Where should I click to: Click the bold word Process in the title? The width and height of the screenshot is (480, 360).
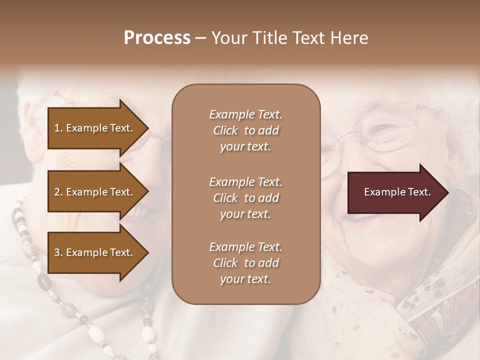point(157,38)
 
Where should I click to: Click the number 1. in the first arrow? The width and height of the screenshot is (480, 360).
point(58,128)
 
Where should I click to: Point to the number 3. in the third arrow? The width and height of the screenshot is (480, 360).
point(58,252)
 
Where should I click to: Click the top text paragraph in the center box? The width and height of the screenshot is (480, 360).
point(245,130)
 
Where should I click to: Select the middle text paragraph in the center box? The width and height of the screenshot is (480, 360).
point(245,198)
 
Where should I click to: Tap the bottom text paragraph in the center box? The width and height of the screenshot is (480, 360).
point(245,263)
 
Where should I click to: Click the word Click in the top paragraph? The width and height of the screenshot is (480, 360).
point(225,130)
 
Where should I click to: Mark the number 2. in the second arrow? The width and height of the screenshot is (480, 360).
point(58,192)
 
